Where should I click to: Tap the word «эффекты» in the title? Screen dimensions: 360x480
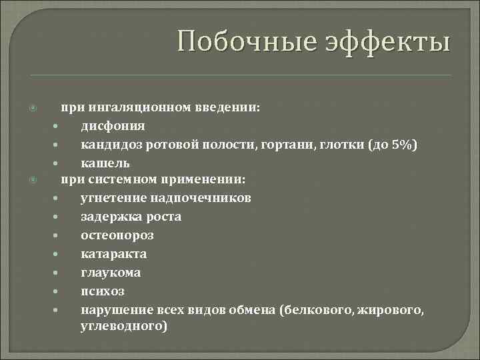click(387, 43)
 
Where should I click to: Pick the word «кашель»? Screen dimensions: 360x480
click(105, 163)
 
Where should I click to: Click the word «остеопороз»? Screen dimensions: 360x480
click(117, 235)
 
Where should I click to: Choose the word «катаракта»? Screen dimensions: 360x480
click(114, 254)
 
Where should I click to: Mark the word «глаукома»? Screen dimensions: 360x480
click(111, 273)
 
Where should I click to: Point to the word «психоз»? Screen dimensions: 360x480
click(103, 291)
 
